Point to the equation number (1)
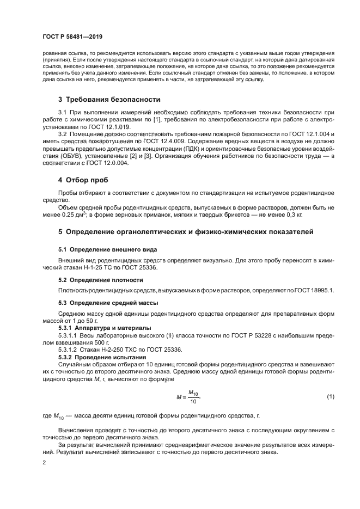tap(330, 396)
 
